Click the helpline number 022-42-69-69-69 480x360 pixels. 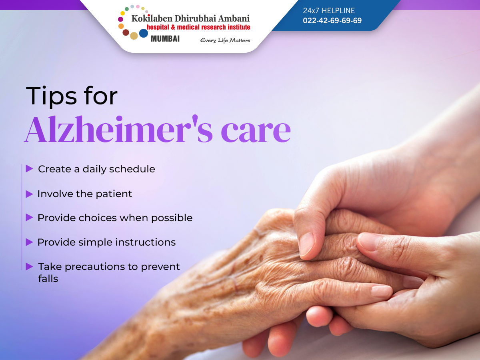click(x=332, y=20)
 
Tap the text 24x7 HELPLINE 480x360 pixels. click(x=329, y=10)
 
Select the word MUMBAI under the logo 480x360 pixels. click(x=165, y=39)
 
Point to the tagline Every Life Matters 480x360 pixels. click(x=225, y=40)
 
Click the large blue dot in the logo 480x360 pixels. click(x=144, y=33)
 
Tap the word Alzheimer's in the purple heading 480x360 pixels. click(x=118, y=129)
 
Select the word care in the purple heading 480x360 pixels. click(x=256, y=132)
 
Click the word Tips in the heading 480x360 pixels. click(x=51, y=96)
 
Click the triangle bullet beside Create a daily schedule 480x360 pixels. click(x=29, y=168)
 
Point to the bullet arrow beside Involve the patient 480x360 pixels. click(x=29, y=194)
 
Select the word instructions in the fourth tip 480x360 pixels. click(x=146, y=242)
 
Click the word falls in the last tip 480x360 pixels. click(x=48, y=279)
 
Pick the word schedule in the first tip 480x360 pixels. click(x=132, y=169)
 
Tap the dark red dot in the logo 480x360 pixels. click(x=126, y=32)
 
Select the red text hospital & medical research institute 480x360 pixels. click(x=198, y=27)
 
